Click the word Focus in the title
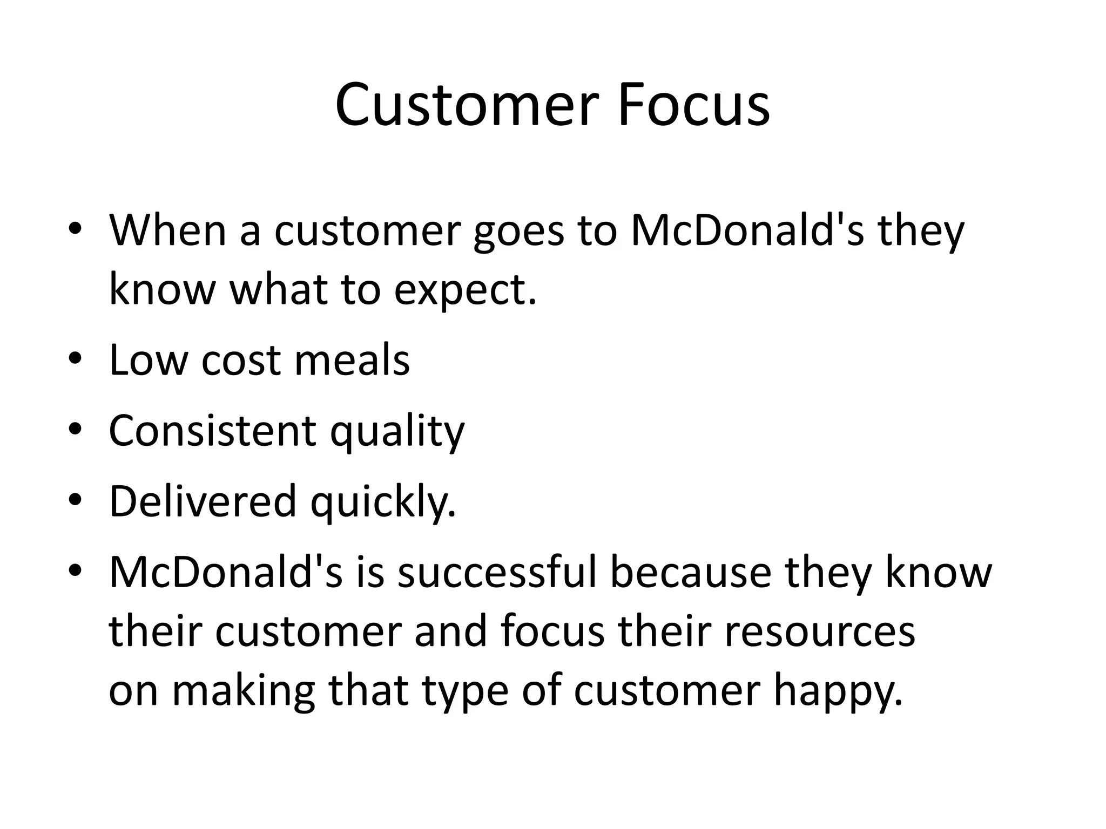pyautogui.click(x=693, y=105)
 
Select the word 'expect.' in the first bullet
pyautogui.click(x=466, y=290)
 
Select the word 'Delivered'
pyautogui.click(x=203, y=501)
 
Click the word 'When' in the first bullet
pyautogui.click(x=168, y=230)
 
